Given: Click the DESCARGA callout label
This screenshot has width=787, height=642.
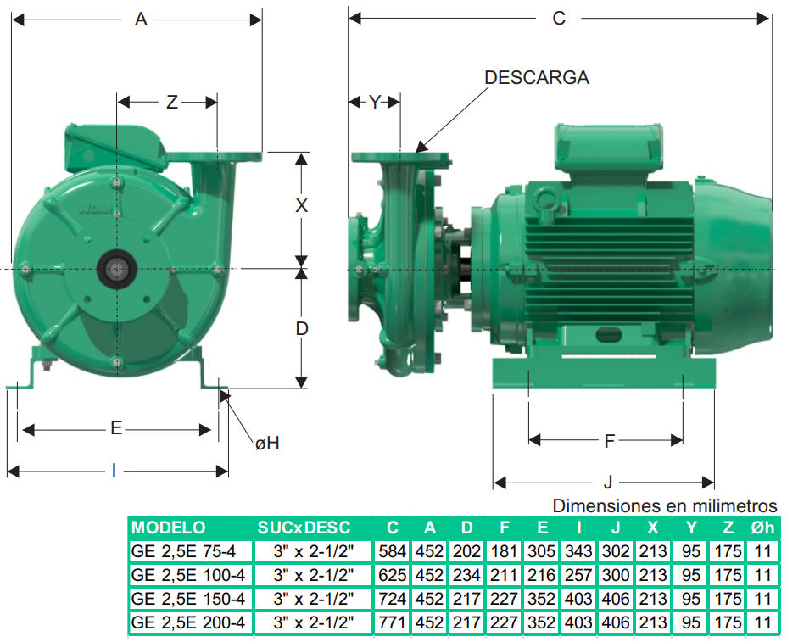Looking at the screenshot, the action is (x=537, y=78).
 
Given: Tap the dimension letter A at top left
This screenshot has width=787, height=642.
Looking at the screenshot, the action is (x=141, y=19).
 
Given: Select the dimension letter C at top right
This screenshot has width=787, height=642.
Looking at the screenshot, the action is (x=559, y=18).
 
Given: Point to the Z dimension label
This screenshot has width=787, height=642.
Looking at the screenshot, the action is (x=172, y=103).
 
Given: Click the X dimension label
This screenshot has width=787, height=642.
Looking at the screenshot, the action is (x=302, y=206).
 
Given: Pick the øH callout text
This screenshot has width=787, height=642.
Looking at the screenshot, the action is (x=267, y=444).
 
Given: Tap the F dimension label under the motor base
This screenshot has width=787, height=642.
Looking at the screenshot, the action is (x=609, y=441).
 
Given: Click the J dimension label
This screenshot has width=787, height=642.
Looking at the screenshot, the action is (x=608, y=483).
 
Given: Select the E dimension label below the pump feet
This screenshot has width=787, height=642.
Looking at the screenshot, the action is (x=116, y=428).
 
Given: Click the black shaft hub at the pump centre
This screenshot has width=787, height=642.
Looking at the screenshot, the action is (x=116, y=270).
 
